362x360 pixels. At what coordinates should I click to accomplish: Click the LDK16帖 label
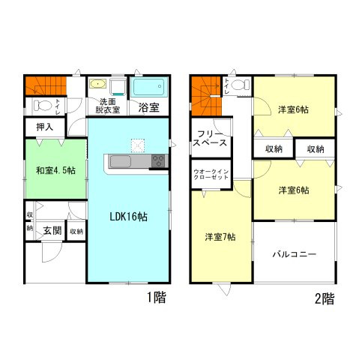(128, 217)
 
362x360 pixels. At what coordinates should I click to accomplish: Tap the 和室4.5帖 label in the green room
(55, 170)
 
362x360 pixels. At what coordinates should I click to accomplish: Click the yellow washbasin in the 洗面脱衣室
(98, 83)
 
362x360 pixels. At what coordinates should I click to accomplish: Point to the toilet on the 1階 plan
(40, 105)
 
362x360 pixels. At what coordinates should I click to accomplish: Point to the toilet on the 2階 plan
(240, 85)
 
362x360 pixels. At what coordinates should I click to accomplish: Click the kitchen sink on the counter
(121, 161)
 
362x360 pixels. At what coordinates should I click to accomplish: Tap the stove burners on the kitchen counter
(159, 160)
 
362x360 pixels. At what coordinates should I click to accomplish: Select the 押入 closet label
(45, 127)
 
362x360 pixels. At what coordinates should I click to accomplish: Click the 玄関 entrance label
(52, 230)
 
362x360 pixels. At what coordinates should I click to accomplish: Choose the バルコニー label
(295, 254)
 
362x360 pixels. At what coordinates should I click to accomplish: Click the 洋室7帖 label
(220, 237)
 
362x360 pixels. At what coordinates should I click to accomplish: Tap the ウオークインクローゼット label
(211, 175)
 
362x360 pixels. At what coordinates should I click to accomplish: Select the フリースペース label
(210, 138)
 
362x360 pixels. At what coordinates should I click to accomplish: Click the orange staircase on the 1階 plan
(46, 85)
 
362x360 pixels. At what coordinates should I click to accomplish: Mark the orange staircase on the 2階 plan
(206, 96)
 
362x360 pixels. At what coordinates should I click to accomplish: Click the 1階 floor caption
(157, 298)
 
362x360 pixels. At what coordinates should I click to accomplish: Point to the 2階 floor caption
(325, 298)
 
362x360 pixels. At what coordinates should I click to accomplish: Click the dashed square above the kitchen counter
(138, 145)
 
